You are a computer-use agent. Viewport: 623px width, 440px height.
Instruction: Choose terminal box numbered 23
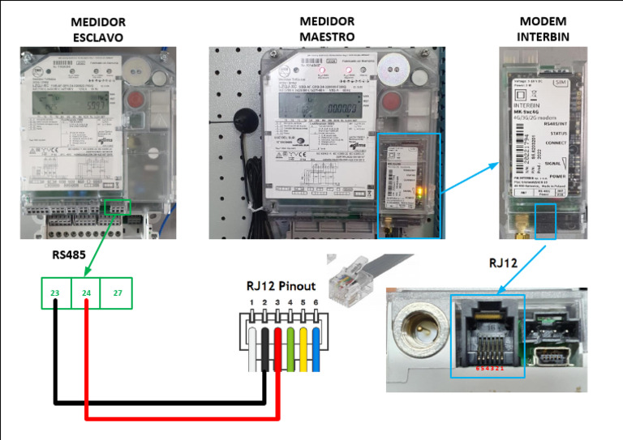(x=55, y=293)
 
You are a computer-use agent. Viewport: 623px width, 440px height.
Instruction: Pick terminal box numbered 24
(x=85, y=293)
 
